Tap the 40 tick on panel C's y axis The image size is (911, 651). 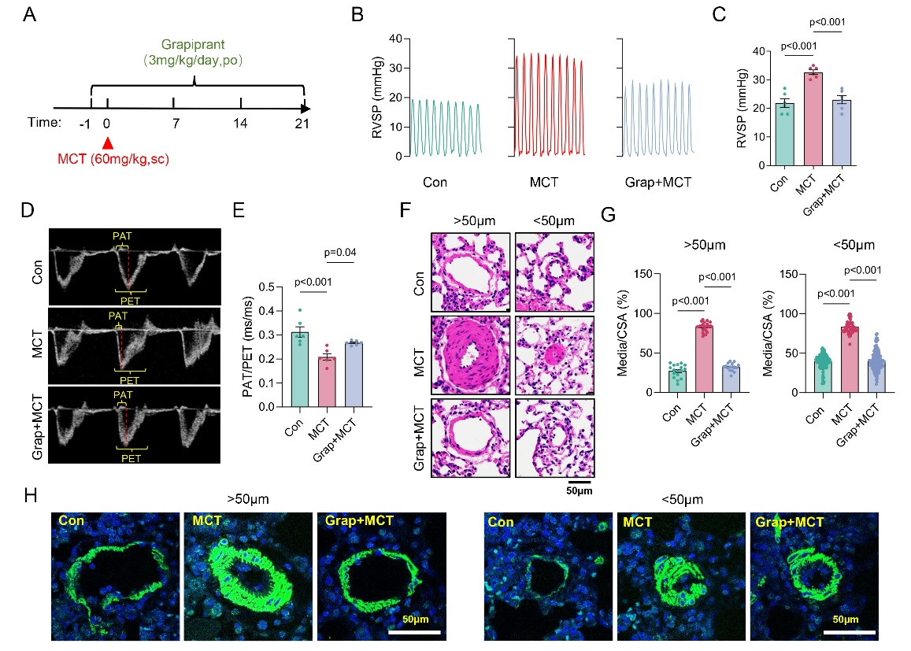pyautogui.click(x=758, y=51)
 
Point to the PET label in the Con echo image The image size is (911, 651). pyautogui.click(x=129, y=299)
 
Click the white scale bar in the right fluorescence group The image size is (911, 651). pyautogui.click(x=850, y=631)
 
